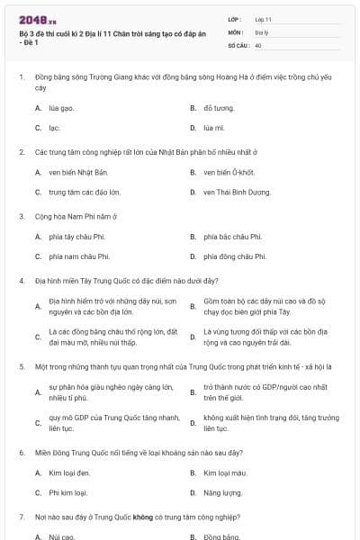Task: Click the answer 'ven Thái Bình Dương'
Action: point(237,192)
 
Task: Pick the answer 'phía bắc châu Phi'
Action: point(232,237)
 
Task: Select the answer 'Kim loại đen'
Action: point(69,472)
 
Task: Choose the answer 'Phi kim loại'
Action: point(68,492)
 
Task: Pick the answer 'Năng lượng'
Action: point(221,492)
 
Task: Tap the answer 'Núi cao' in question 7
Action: point(61,536)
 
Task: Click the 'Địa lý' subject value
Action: point(262,31)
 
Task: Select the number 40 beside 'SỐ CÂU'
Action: point(258,44)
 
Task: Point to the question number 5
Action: point(21,366)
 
